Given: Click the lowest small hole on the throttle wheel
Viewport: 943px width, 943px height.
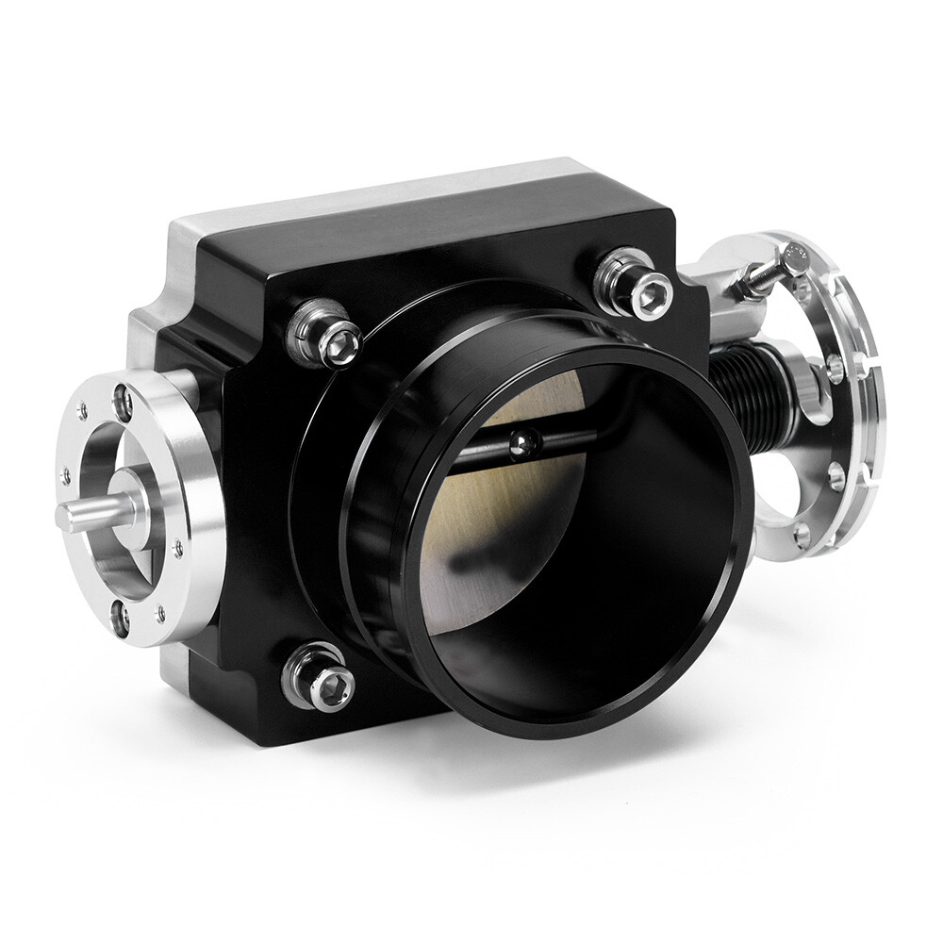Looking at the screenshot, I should (x=801, y=537).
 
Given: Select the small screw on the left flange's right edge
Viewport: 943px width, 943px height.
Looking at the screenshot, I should (x=177, y=546).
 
